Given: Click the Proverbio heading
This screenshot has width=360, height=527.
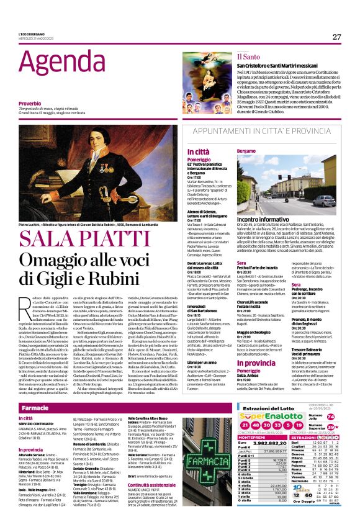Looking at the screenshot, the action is pyautogui.click(x=30, y=102).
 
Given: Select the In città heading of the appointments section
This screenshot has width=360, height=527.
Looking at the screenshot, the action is pyautogui.click(x=216, y=151).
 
